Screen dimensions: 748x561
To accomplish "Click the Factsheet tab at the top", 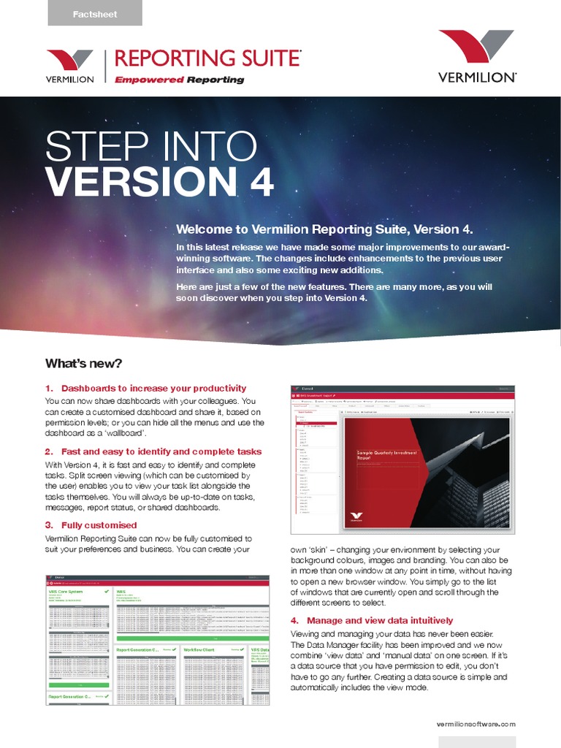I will (95, 14).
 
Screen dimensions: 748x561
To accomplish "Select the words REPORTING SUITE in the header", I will (207, 58).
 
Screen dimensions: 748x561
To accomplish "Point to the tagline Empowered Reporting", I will (180, 80).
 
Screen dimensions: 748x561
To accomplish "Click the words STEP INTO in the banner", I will (151, 146).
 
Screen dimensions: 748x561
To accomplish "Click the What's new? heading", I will (83, 363).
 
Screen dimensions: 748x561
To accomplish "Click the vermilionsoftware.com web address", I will (475, 724).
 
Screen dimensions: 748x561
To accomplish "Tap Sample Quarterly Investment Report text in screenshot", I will (386, 457).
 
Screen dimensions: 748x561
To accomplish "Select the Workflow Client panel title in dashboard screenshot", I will (205, 649).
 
